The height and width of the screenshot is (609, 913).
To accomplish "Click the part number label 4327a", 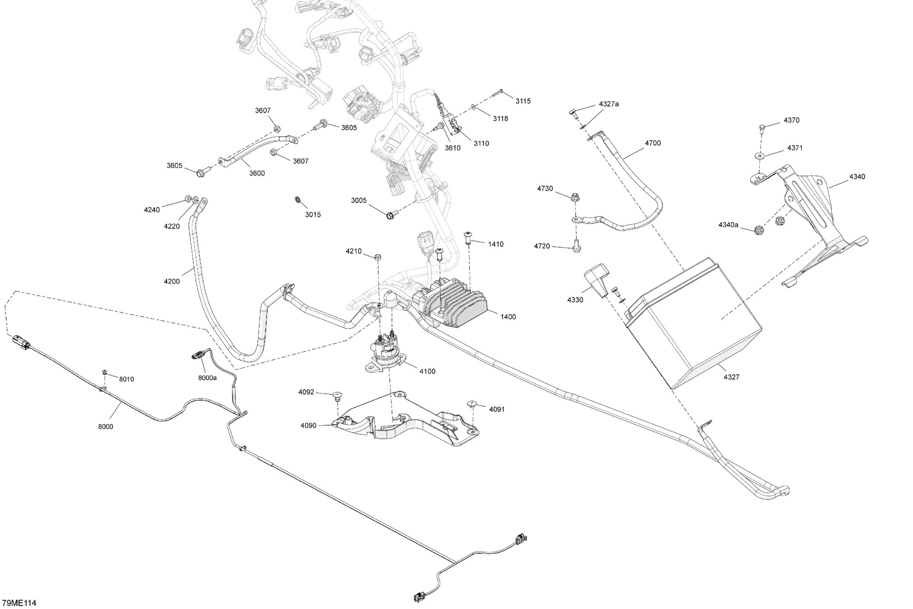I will (x=609, y=104).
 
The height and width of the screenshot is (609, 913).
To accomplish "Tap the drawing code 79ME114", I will (x=19, y=603).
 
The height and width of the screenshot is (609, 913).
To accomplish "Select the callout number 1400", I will (x=508, y=317).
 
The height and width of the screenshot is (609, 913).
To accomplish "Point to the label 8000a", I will (x=207, y=378).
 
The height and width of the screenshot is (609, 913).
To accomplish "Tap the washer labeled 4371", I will (x=759, y=156).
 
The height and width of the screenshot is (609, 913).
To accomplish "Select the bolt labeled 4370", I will (x=762, y=128).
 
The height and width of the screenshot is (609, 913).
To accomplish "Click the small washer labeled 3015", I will (x=297, y=200).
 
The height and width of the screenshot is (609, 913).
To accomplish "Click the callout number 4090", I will (x=308, y=426).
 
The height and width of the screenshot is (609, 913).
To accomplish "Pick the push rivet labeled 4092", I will (x=337, y=396).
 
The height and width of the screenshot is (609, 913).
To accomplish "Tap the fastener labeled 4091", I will (x=472, y=404).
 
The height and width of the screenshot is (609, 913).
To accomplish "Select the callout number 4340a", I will (x=728, y=225).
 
